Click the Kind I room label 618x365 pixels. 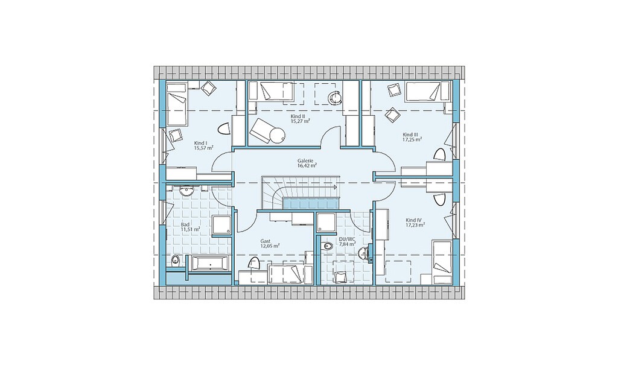(x=200, y=143)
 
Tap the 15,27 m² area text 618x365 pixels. (x=300, y=121)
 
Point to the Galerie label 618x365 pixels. (x=305, y=161)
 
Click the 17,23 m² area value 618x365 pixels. (x=415, y=225)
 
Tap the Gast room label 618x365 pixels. (x=265, y=241)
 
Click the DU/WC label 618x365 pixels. (x=345, y=239)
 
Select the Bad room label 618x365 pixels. (x=185, y=224)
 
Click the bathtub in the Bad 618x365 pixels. (x=209, y=264)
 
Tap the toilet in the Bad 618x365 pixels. (x=176, y=260)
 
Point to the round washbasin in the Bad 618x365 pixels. (x=186, y=192)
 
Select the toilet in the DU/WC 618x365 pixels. (x=326, y=246)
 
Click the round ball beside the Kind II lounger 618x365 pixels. (x=276, y=136)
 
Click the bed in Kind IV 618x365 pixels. (x=442, y=262)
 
